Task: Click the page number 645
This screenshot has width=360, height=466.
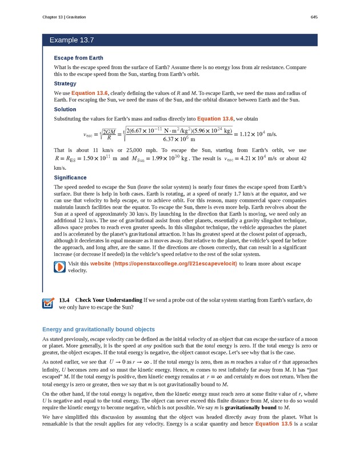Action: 314,17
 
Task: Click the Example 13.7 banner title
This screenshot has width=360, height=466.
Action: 71,40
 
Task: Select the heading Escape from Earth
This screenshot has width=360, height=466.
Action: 78,58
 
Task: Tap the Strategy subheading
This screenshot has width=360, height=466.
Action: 65,83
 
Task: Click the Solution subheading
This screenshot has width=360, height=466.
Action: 65,109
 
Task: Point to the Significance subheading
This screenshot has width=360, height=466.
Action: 71,178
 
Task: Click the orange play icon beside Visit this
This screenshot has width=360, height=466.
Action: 59,267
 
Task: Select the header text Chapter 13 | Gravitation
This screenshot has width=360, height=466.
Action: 64,17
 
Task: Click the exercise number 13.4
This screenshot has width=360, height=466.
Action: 64,300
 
